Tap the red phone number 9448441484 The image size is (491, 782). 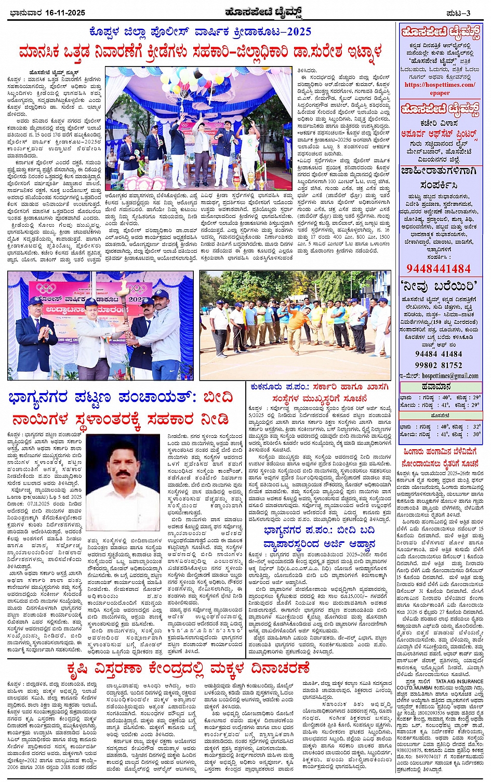pyautogui.click(x=439, y=269)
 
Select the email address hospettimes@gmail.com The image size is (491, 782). pyautogui.click(x=443, y=375)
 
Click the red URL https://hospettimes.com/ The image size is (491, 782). pyautogui.click(x=440, y=85)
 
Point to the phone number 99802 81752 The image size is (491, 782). pyautogui.click(x=439, y=365)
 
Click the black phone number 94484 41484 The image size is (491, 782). pyautogui.click(x=439, y=354)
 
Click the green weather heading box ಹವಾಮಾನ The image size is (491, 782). pyautogui.click(x=440, y=387)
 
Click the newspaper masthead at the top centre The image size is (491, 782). pyautogui.click(x=246, y=11)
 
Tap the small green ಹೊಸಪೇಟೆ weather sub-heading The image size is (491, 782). pyautogui.click(x=440, y=416)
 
